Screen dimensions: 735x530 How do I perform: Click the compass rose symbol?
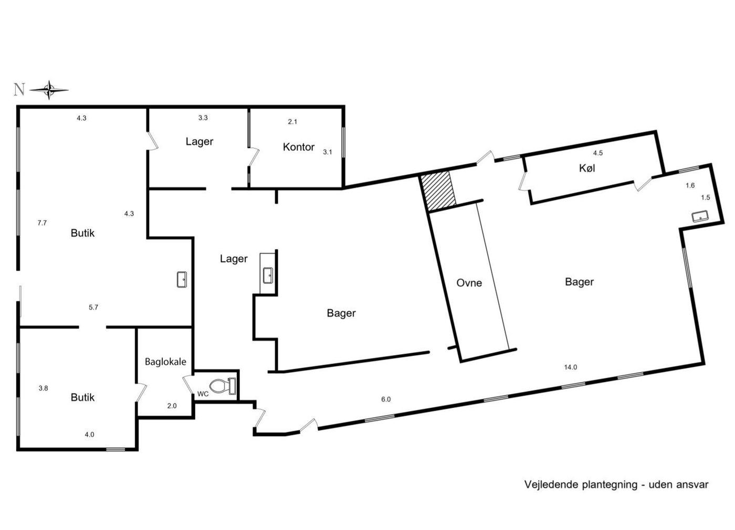[49, 90]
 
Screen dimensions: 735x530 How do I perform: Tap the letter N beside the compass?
[19, 90]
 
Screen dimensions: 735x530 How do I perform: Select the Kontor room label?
[299, 147]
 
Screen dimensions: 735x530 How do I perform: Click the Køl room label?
[587, 168]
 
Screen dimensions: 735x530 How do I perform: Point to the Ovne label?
[469, 283]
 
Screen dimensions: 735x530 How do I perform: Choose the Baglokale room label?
[165, 362]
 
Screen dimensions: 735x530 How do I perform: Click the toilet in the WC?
[223, 386]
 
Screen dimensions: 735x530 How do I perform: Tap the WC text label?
[203, 394]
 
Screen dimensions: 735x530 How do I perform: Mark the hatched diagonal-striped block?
[438, 192]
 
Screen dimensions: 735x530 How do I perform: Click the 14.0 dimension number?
[570, 367]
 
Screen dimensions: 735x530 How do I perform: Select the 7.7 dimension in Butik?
[42, 223]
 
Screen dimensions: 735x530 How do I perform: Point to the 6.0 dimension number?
[386, 399]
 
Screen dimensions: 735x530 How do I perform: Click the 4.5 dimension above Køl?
[598, 153]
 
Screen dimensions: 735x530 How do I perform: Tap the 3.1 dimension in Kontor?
[328, 152]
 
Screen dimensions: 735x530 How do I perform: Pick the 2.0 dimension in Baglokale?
[172, 406]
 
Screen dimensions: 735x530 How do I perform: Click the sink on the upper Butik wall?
[182, 280]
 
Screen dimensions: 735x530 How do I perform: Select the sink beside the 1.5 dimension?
[700, 216]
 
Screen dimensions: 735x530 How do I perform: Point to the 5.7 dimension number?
[93, 308]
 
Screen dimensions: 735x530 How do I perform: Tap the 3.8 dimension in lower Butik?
[43, 388]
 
